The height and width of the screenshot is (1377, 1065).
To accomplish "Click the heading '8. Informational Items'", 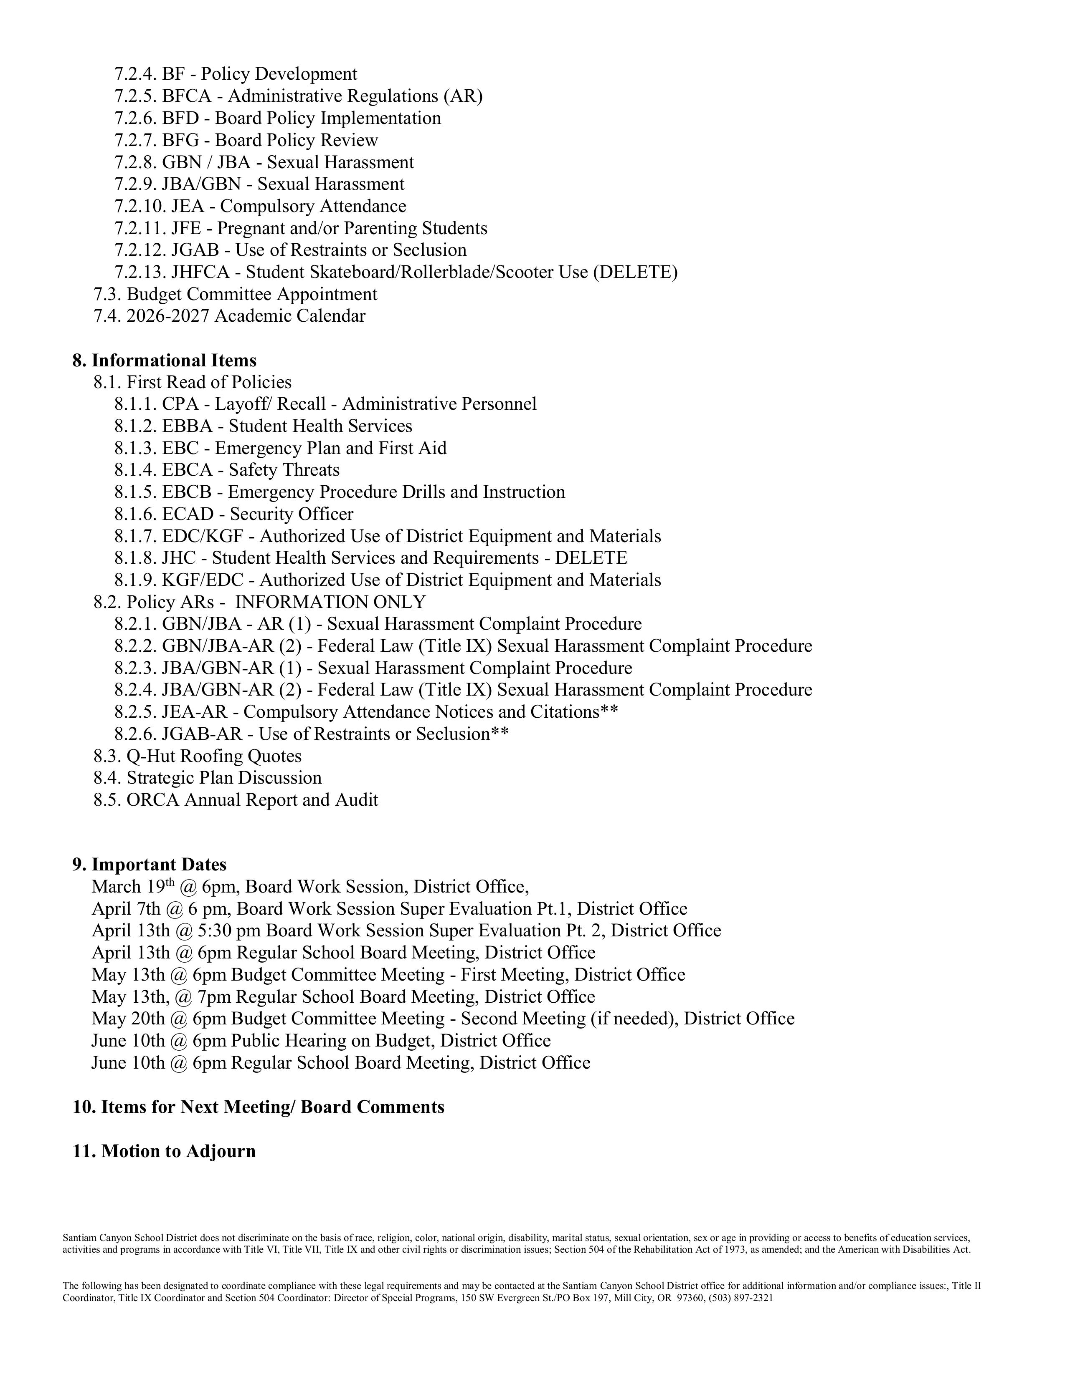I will point(165,361).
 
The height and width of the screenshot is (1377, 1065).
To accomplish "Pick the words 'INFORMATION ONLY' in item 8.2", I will point(331,602).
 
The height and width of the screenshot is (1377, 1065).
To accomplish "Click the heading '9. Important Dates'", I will point(150,865).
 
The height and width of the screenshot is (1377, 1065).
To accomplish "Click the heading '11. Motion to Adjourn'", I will point(164,1151).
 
